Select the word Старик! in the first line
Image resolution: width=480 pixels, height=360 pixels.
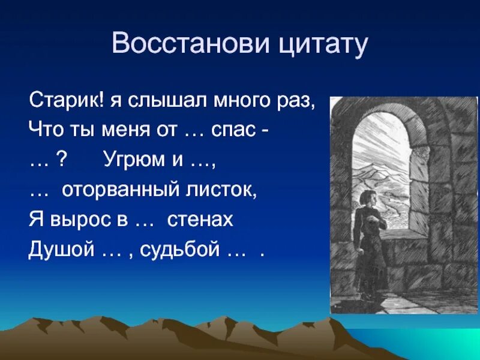67,100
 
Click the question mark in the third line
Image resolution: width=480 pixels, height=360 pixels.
62,158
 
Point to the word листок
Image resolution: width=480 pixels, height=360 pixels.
221,190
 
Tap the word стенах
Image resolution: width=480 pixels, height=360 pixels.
200,220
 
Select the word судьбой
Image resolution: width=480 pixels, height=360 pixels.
180,250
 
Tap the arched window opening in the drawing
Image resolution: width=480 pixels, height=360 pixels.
381,172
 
